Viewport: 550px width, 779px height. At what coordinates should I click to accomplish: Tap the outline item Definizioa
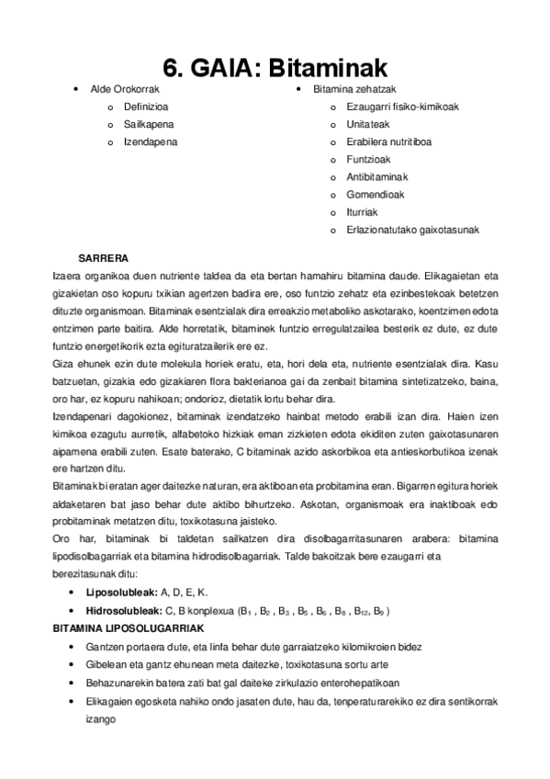(x=146, y=107)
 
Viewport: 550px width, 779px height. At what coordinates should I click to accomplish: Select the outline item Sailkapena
(x=149, y=124)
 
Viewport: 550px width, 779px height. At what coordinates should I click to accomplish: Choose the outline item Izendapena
(x=152, y=142)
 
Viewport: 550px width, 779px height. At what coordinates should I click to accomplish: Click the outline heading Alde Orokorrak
(x=125, y=89)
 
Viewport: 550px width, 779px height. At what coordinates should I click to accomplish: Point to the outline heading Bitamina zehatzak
(x=354, y=89)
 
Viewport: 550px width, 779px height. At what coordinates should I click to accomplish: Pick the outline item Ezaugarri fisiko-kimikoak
(x=402, y=107)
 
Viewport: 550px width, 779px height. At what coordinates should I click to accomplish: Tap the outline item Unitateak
(x=369, y=124)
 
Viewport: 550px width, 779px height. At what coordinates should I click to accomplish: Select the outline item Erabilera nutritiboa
(x=389, y=142)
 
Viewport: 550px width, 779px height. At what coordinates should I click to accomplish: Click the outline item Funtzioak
(x=368, y=159)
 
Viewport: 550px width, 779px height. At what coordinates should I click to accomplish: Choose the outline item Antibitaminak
(x=377, y=176)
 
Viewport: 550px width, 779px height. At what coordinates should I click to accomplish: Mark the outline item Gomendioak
(x=375, y=195)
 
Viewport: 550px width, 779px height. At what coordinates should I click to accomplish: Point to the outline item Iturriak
(x=362, y=212)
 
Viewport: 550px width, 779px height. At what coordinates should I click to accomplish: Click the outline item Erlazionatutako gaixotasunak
(x=412, y=230)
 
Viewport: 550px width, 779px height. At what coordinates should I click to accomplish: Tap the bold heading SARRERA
(x=104, y=257)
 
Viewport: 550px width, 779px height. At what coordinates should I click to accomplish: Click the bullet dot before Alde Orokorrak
(x=74, y=89)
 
